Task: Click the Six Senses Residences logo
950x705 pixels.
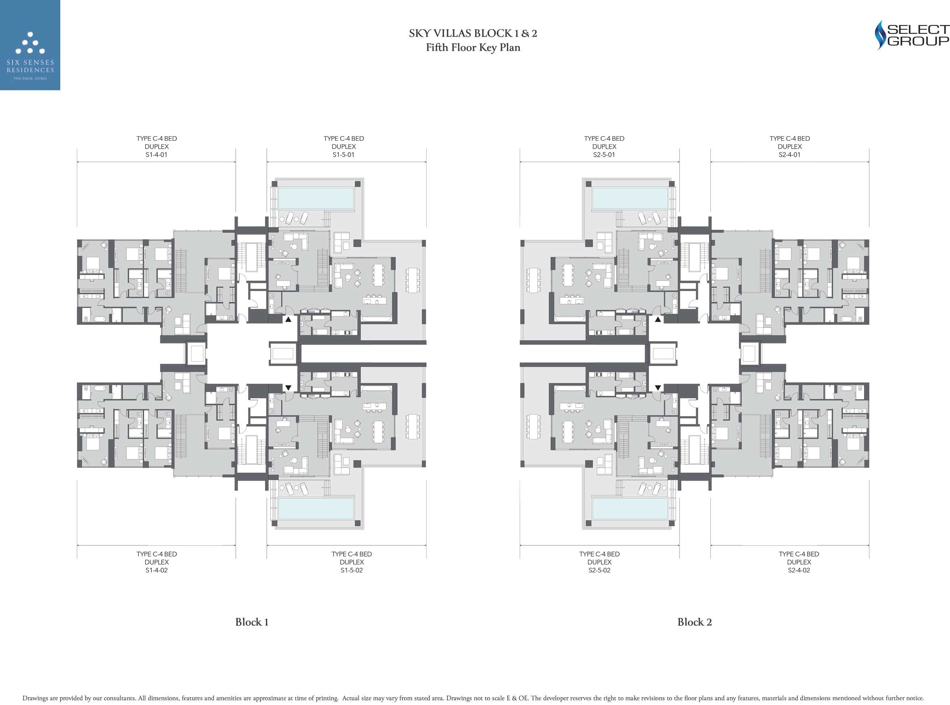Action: tap(30, 45)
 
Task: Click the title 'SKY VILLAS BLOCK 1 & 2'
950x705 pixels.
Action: tap(473, 33)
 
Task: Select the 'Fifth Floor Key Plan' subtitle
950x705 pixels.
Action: tap(473, 48)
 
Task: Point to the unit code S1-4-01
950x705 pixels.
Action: tap(156, 154)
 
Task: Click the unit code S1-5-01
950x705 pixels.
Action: tap(343, 154)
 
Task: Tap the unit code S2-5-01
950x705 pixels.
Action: tap(604, 154)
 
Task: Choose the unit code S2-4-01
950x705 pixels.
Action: tap(789, 154)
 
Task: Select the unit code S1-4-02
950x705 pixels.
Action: tap(156, 570)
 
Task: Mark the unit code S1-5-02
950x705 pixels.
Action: tap(352, 570)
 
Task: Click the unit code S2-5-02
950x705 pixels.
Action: tap(599, 570)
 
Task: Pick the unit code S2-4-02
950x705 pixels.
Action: tap(799, 570)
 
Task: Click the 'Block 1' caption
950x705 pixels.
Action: tap(251, 622)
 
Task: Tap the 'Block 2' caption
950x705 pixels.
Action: tap(695, 622)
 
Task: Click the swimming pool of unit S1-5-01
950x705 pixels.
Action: tap(316, 198)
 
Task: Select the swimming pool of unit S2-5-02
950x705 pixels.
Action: tap(630, 508)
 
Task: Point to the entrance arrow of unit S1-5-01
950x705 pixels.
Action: tap(288, 319)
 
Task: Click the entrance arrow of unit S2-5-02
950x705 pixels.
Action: tap(658, 387)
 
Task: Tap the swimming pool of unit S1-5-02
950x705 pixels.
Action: tap(316, 508)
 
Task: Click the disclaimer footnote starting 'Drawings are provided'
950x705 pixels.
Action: tap(473, 698)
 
